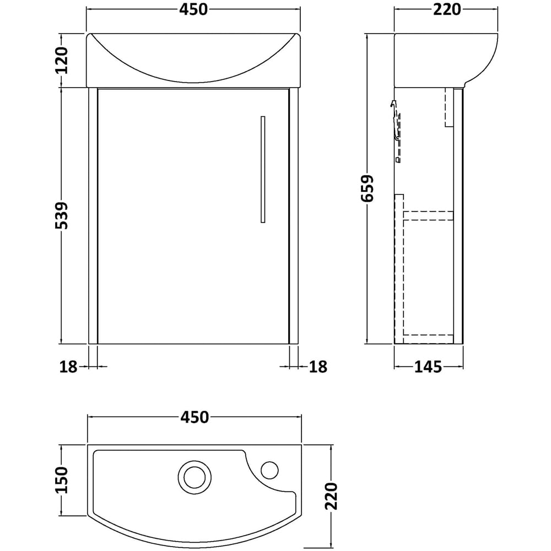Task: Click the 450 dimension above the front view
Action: point(192,9)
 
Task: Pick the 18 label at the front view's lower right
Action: point(318,366)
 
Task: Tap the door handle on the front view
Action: point(263,169)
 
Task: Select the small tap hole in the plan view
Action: point(269,470)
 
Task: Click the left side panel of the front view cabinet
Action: point(93,215)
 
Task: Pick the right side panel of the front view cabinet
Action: point(294,215)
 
